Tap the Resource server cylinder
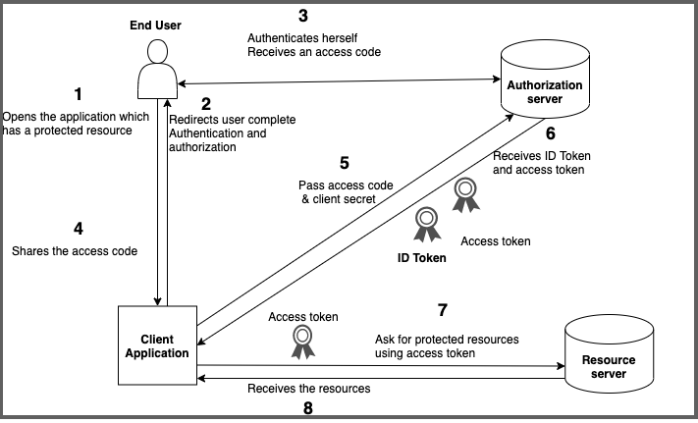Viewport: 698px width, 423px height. point(610,360)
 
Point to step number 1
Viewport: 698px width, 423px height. point(79,95)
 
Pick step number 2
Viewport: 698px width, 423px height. point(206,102)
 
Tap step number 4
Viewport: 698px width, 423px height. point(78,229)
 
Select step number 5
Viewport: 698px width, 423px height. point(344,164)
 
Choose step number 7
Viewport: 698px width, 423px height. point(443,312)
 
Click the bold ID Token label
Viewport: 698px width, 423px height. point(420,258)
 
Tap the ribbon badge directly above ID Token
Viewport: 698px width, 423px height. point(426,225)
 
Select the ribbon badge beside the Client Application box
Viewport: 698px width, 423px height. point(302,341)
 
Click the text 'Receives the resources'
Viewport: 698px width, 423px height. point(308,388)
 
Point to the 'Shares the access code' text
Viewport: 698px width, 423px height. point(74,251)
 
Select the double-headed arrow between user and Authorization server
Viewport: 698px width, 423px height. point(334,81)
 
